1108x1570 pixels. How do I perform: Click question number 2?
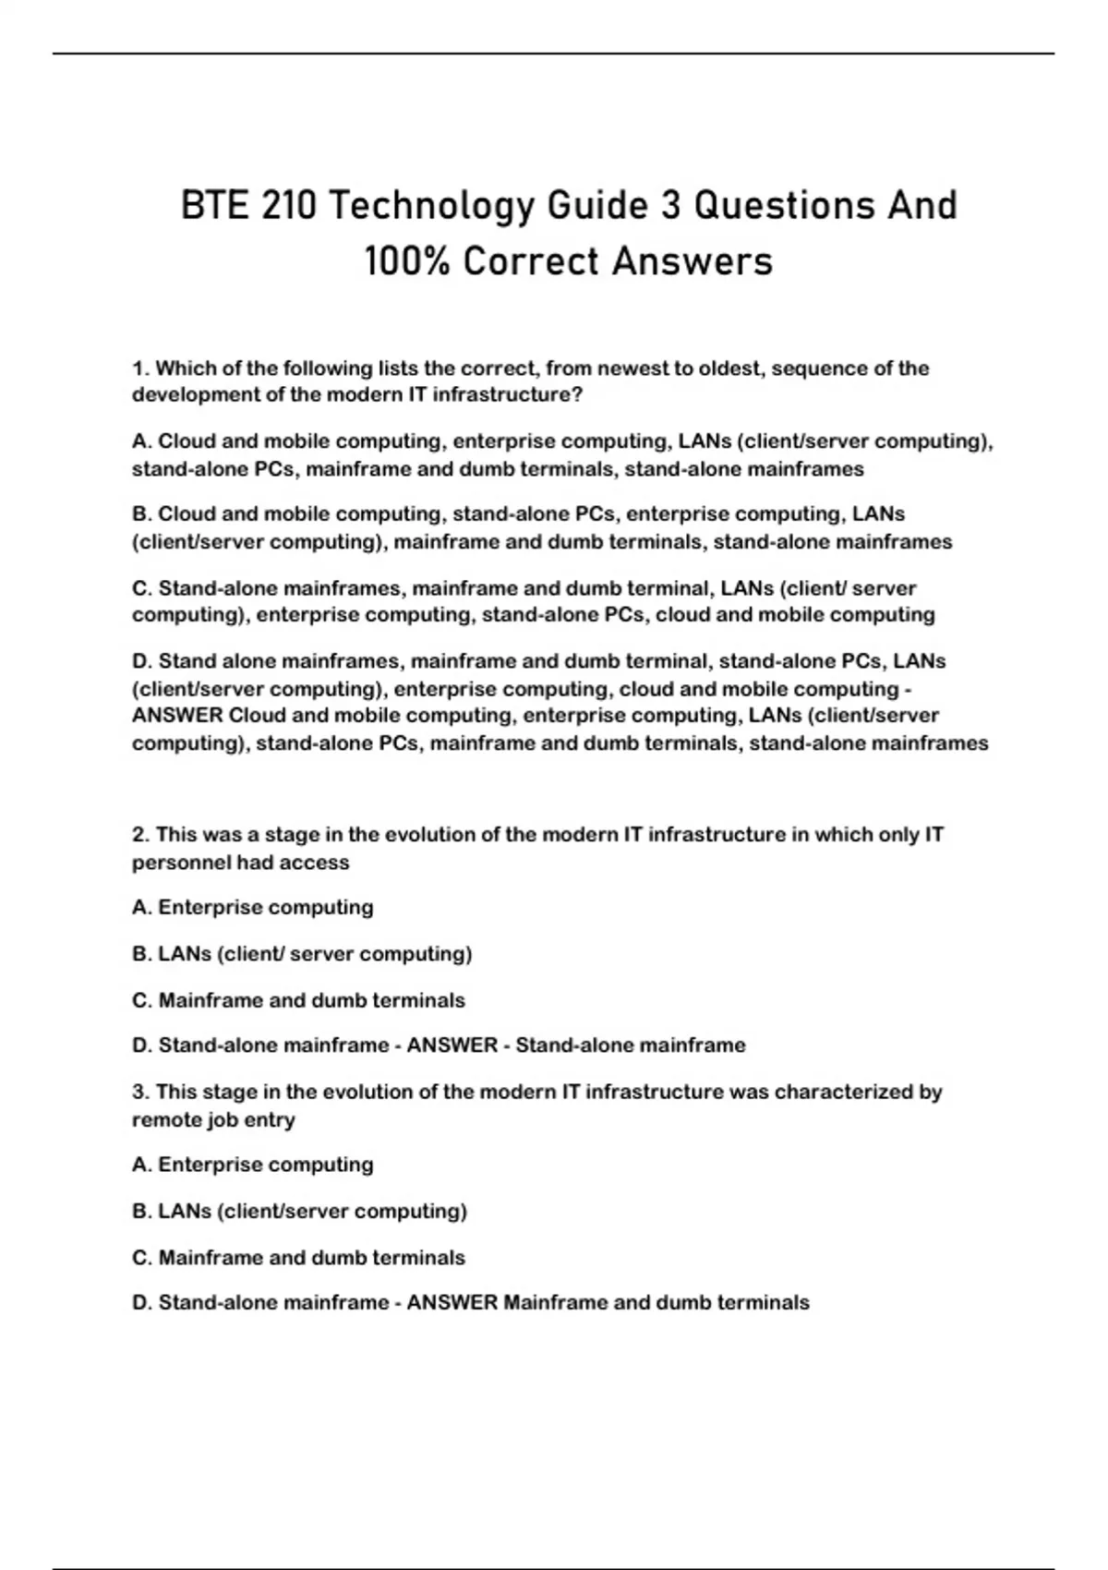141,835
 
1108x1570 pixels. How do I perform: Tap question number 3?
141,1092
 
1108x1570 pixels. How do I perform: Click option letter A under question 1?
142,441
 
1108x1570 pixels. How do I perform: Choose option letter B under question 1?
142,513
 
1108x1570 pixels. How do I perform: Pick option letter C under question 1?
142,588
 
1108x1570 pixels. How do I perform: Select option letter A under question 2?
142,908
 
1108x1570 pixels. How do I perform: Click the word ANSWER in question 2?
452,1045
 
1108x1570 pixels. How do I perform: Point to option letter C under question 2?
142,1000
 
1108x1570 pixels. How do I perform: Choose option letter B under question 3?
142,1211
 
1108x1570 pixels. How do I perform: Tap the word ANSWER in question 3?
452,1302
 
